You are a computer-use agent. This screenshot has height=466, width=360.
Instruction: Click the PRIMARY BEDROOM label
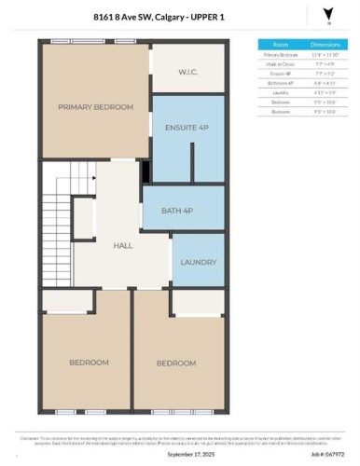(95, 107)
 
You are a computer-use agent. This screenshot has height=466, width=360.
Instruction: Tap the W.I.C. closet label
(190, 72)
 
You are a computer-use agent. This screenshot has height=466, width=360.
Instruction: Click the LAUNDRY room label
(199, 262)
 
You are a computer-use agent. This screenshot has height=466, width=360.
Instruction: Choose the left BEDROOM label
(89, 362)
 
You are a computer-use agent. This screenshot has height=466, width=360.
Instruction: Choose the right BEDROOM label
(175, 363)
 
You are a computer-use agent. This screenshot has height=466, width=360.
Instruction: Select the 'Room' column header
(279, 44)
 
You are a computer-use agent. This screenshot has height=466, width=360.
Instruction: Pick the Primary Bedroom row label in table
(279, 55)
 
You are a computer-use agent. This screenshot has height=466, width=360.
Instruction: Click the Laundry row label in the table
(279, 90)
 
